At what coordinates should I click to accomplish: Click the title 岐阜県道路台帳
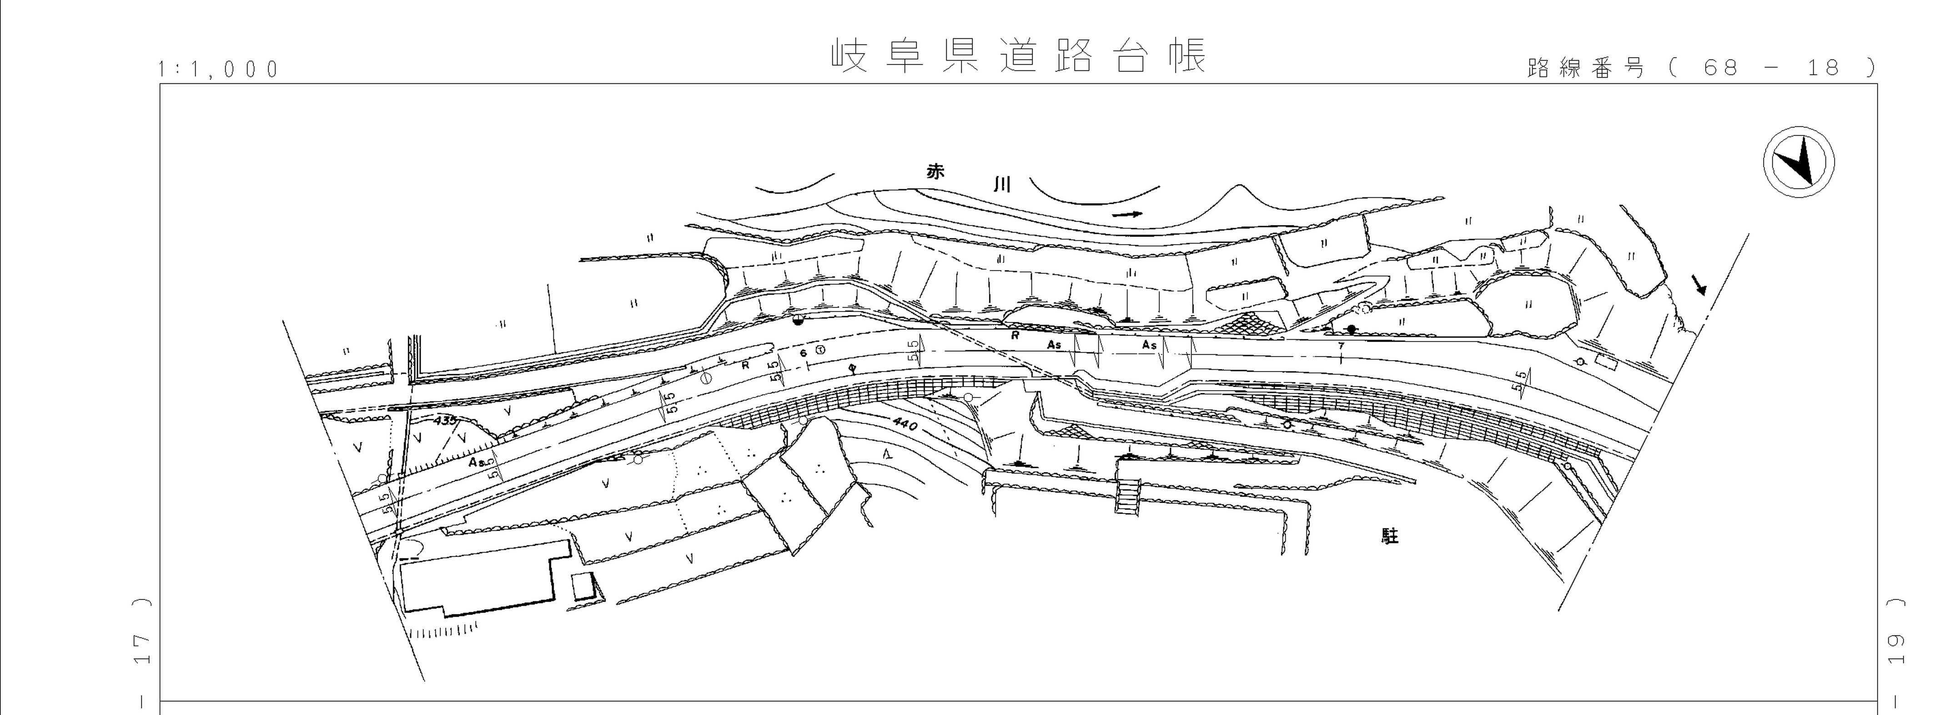[x=1019, y=55]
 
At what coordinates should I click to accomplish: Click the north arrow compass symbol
[x=1798, y=163]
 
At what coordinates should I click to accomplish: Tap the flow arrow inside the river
[x=1127, y=215]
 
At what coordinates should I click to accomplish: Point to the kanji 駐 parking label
[x=1390, y=537]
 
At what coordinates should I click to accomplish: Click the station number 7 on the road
[x=1341, y=346]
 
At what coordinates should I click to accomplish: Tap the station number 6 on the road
[x=803, y=353]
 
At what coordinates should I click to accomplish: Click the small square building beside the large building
[x=581, y=587]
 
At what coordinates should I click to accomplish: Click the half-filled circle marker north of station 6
[x=797, y=320]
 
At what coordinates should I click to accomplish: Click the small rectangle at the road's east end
[x=1606, y=363]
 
